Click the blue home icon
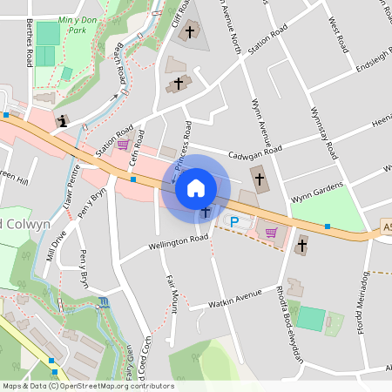pyautogui.click(x=196, y=187)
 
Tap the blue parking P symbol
pyautogui.click(x=233, y=223)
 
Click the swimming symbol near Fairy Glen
pyautogui.click(x=105, y=301)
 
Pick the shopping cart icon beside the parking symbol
pyautogui.click(x=271, y=232)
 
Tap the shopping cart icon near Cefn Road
pyautogui.click(x=123, y=145)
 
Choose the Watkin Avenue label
pyautogui.click(x=237, y=300)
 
